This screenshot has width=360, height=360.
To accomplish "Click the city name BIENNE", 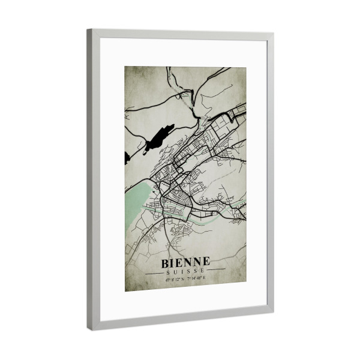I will coord(185,262).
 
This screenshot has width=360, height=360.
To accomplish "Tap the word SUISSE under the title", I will coord(185,271).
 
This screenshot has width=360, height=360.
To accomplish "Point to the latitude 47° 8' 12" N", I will coord(174,278).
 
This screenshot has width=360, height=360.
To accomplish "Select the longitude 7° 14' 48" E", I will coord(196,278).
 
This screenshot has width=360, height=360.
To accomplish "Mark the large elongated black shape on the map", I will coord(158,138).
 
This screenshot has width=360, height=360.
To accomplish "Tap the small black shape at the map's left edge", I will coord(127,158).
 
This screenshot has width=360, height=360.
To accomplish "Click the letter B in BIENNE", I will coord(165,262).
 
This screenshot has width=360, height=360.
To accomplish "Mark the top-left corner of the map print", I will coord(125,67).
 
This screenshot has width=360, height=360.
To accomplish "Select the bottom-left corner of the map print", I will coord(125,291).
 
